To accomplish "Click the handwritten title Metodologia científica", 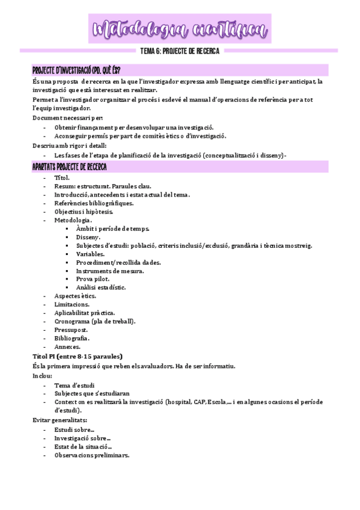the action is (180, 28).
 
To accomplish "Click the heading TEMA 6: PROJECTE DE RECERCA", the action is (180, 51).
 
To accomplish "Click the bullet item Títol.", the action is (62, 178).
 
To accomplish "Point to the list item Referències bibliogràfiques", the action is (94, 203).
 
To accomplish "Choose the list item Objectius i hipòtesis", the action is (84, 212).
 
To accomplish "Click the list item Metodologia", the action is (73, 221).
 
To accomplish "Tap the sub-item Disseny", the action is (88, 237).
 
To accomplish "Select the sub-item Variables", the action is (90, 254).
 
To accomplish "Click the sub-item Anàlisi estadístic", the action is (101, 287).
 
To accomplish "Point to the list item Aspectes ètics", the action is (75, 296).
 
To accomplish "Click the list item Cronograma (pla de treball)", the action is (95, 321).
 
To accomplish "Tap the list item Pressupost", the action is (71, 330).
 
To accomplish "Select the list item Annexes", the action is (67, 346).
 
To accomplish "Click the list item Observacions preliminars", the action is (91, 455).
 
